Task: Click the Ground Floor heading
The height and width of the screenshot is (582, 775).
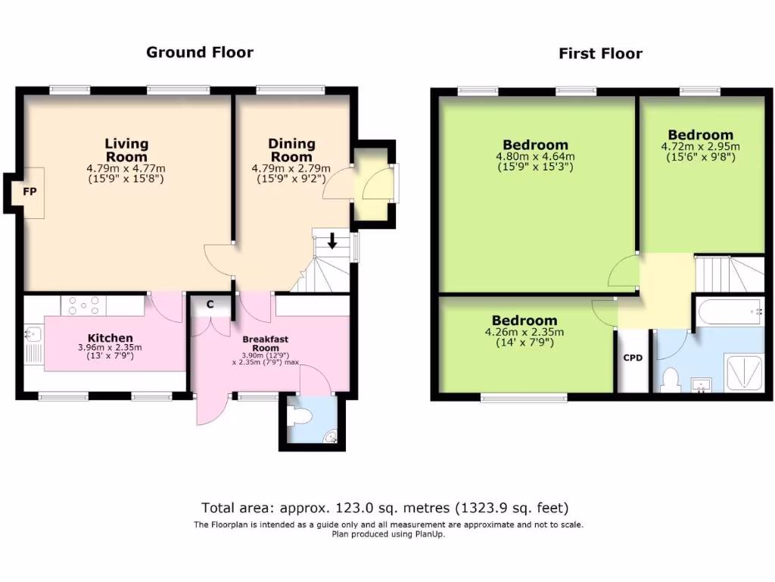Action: pyautogui.click(x=199, y=52)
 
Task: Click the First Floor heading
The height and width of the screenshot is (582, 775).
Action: pyautogui.click(x=600, y=53)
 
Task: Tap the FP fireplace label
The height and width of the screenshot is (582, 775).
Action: pyautogui.click(x=30, y=192)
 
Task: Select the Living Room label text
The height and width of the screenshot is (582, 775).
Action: pyautogui.click(x=126, y=149)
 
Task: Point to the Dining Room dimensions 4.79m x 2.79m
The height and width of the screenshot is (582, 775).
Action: pyautogui.click(x=291, y=169)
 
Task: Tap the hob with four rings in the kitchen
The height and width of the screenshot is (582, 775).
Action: pyautogui.click(x=85, y=305)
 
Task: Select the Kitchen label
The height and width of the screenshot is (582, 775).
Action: pyautogui.click(x=110, y=338)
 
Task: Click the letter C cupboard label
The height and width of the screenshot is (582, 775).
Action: pyautogui.click(x=210, y=305)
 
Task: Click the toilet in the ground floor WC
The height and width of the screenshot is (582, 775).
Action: pyautogui.click(x=303, y=416)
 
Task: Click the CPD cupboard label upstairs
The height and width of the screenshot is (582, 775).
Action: pyautogui.click(x=632, y=358)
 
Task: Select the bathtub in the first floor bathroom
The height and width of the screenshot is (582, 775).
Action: pyautogui.click(x=730, y=312)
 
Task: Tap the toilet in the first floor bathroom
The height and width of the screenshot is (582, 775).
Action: pyautogui.click(x=669, y=379)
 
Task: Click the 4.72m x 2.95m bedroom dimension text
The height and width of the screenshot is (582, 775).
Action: pyautogui.click(x=700, y=147)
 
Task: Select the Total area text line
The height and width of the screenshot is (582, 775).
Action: pyautogui.click(x=384, y=508)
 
